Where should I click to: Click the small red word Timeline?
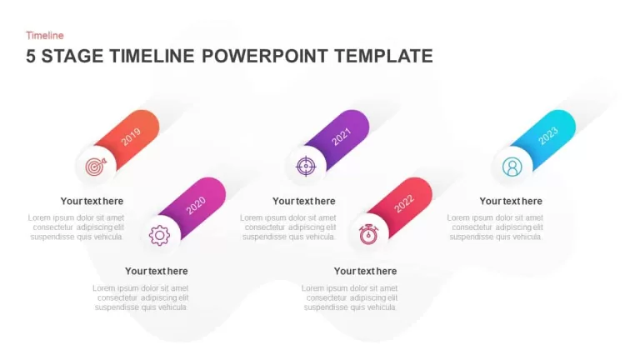[45, 36]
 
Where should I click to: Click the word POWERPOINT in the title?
[264, 56]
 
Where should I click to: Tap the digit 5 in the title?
[31, 56]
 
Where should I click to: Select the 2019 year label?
[131, 137]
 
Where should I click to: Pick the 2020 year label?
[196, 205]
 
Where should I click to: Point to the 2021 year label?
[341, 137]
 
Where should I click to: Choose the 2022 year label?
[404, 203]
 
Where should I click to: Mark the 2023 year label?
[548, 136]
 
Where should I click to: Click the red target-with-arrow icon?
[96, 167]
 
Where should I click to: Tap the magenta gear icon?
[159, 235]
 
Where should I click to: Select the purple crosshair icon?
[306, 167]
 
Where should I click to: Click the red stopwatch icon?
[368, 234]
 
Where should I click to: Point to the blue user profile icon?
[512, 167]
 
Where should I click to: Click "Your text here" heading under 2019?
[92, 201]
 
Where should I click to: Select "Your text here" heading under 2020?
[157, 272]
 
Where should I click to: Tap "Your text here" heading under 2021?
[303, 201]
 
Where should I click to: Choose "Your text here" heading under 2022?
[365, 272]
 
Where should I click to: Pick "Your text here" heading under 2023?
[511, 201]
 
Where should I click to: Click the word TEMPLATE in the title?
[383, 56]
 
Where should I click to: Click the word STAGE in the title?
[72, 56]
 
